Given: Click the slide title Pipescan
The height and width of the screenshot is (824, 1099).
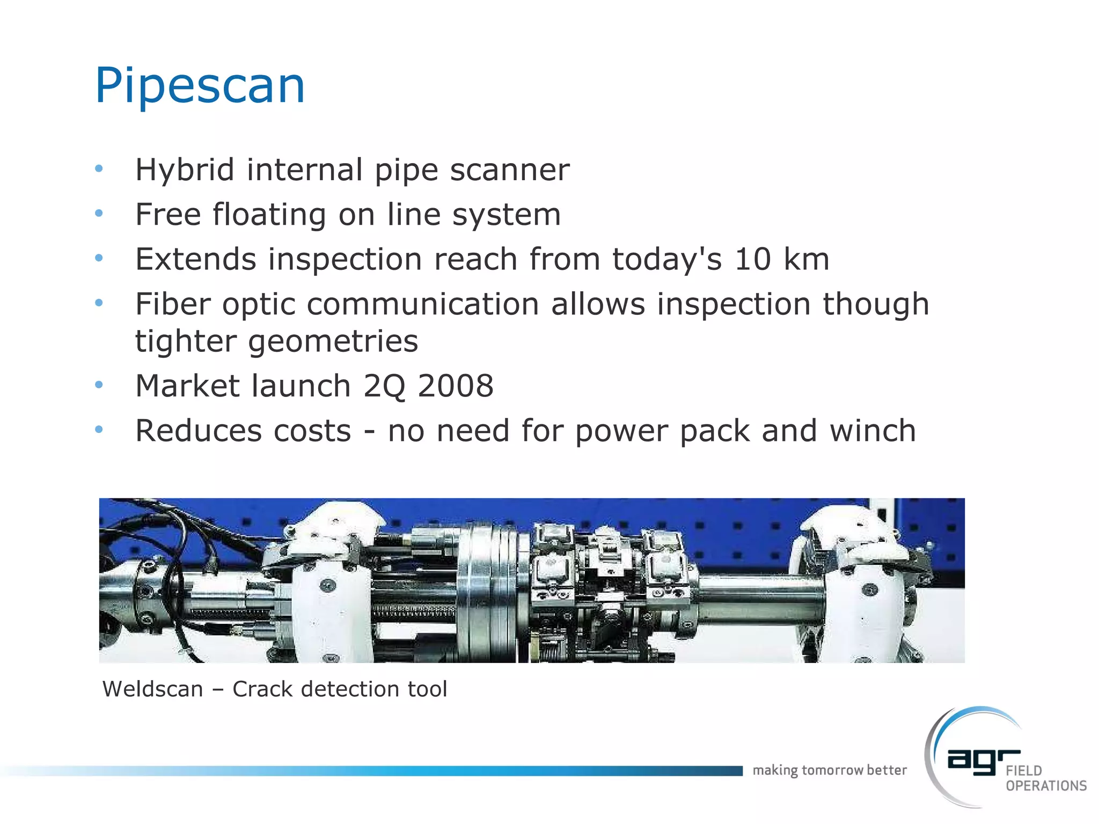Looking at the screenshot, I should point(200,86).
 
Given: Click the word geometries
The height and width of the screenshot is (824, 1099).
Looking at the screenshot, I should point(333,342).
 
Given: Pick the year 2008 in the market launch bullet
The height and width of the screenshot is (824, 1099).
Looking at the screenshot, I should point(456,386).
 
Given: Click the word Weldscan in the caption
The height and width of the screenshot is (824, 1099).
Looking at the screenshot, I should point(153,689).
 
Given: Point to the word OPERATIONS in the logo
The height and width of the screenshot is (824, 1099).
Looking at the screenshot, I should point(1046,786).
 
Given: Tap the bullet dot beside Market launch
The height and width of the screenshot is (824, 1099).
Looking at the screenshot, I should point(99,385).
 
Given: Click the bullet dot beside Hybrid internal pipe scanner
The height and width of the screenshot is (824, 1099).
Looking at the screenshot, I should point(99,169).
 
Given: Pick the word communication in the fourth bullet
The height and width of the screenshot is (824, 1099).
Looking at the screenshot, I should point(422,304).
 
